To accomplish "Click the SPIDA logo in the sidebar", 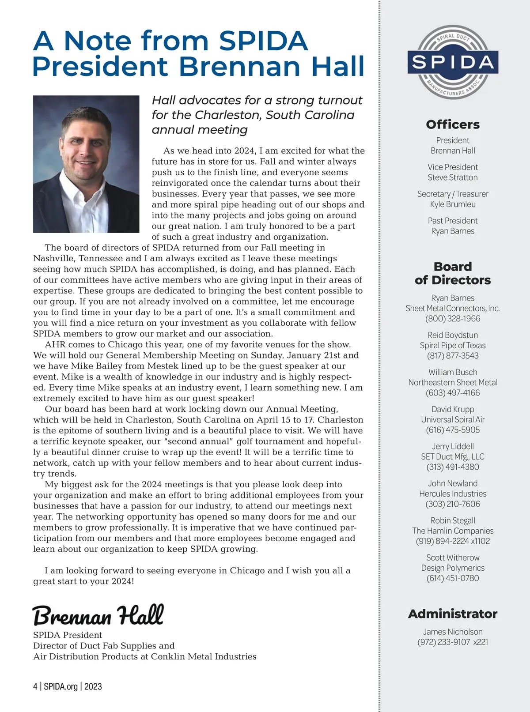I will pos(453,62).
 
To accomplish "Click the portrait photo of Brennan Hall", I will pos(86,164).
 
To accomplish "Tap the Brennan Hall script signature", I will pos(98,615).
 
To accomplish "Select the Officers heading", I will pos(453,124).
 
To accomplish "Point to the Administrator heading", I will pos(453,614).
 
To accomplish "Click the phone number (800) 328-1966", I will pos(453,319).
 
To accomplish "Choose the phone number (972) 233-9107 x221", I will pos(453,642).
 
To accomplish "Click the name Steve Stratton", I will pos(453,177).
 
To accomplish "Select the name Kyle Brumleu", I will pos(453,204).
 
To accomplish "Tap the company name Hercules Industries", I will pos(453,494).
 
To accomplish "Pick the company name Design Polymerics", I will pos(453,568).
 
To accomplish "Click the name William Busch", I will pos(453,372).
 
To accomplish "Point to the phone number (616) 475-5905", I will pos(453,430).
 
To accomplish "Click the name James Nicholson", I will pos(453,632).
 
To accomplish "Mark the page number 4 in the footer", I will pos(35,686).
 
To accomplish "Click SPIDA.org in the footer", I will pos(61,686).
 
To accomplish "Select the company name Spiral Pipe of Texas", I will pos(453,346).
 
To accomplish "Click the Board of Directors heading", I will pos(453,273).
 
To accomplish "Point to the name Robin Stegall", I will pos(453,521).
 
